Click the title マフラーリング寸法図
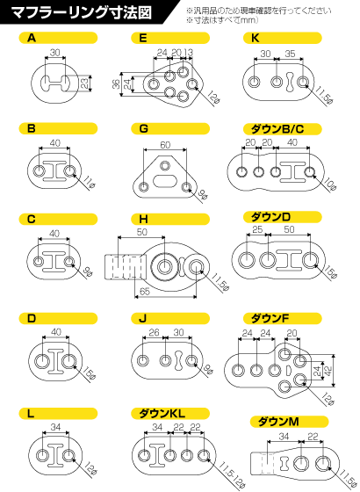click(x=81, y=12)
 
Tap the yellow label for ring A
click(x=58, y=38)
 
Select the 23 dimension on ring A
click(x=84, y=83)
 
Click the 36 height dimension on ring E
click(x=116, y=84)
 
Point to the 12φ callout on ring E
click(x=212, y=98)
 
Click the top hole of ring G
click(x=164, y=165)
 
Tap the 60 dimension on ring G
click(x=165, y=145)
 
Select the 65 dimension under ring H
click(x=145, y=291)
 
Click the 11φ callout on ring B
click(x=90, y=183)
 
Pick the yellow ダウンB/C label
click(x=283, y=128)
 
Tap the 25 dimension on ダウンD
click(x=257, y=229)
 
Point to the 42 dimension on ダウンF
click(x=328, y=370)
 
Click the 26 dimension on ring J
click(x=154, y=332)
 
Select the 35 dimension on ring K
click(x=290, y=54)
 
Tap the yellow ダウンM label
click(x=289, y=422)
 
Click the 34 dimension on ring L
click(x=55, y=427)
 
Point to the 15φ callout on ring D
click(x=90, y=373)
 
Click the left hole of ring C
click(x=39, y=261)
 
